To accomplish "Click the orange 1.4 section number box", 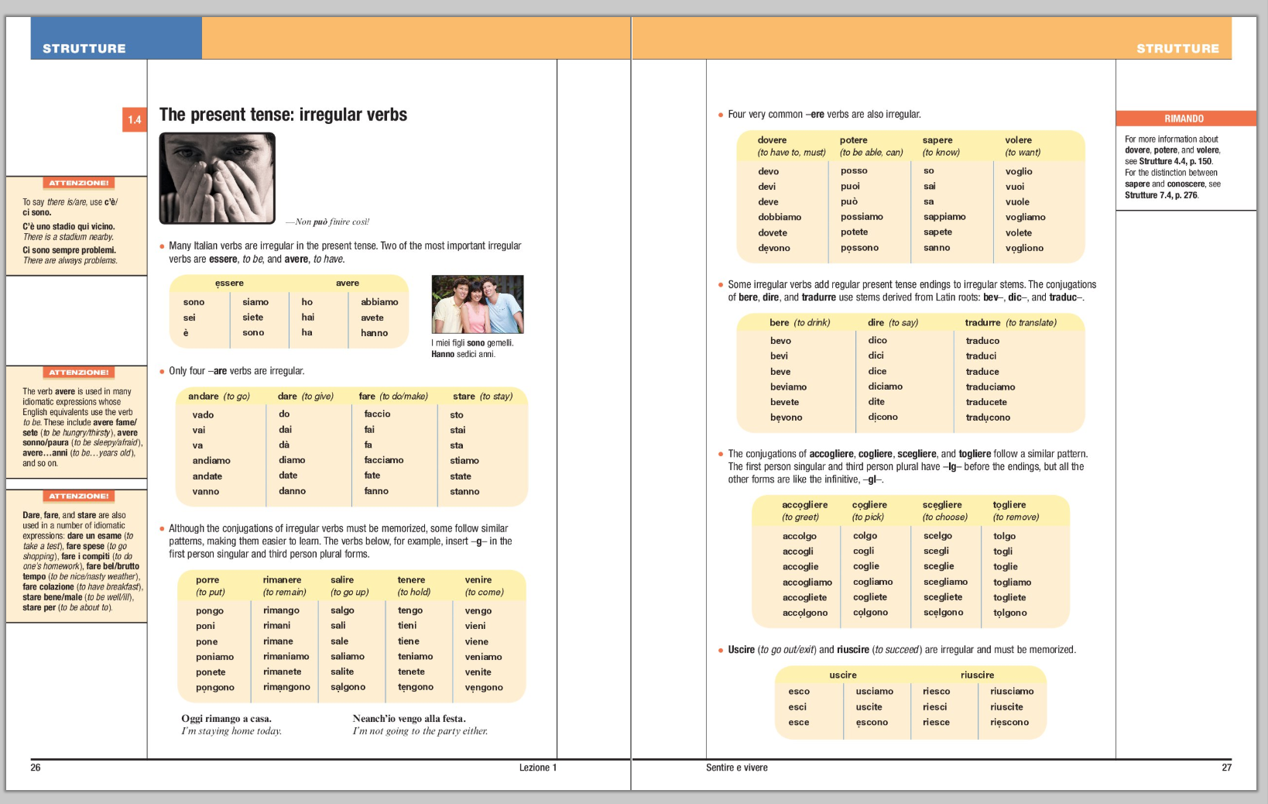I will point(134,120).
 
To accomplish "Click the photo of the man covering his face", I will point(217,178).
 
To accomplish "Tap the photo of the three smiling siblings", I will point(477,304).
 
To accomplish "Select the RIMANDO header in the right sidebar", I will point(1184,119).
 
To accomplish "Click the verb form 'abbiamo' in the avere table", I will point(379,302).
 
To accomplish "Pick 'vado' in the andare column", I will point(203,414).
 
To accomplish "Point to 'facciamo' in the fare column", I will point(384,460).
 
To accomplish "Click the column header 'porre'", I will point(207,579).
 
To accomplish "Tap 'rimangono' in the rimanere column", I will point(286,687).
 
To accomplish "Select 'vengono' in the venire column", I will point(484,687).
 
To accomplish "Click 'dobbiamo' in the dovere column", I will point(780,217).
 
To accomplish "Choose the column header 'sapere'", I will point(937,140).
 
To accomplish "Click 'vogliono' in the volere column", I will point(1024,248).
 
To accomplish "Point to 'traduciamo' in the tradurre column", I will point(990,387).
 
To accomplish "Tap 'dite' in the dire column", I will point(876,401).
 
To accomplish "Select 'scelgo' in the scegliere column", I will point(937,535).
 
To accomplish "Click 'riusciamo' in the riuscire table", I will point(1012,691).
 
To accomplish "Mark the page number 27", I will point(1226,768).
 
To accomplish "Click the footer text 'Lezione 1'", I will point(537,768).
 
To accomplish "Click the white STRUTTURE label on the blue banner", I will point(84,49).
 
